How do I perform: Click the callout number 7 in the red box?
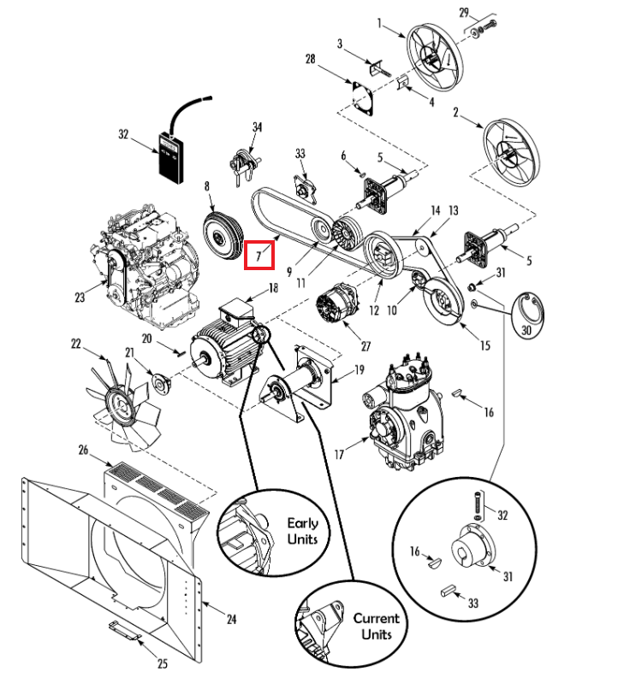coord(259,255)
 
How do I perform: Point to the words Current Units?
coord(376,627)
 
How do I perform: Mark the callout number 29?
coord(464,13)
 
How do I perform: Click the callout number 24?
coord(231,619)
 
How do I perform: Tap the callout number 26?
coord(84,450)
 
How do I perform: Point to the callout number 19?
coord(359,369)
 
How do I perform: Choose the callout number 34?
coord(255,127)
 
